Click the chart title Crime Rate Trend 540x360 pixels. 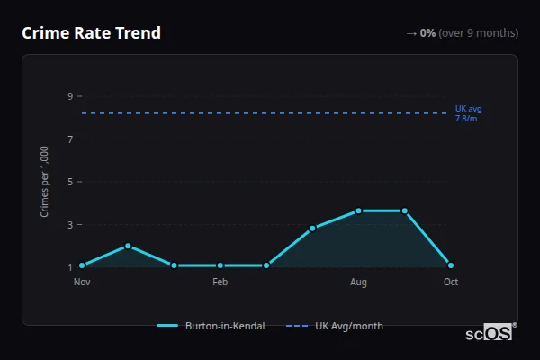tap(91, 33)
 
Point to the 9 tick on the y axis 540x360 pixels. tap(69, 96)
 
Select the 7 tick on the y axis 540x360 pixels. tap(69, 139)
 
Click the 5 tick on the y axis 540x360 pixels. tap(69, 182)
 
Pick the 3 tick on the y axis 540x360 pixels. tap(69, 224)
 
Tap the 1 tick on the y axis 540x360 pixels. tap(69, 266)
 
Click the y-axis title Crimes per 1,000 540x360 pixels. tap(45, 182)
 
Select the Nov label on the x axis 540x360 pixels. tap(82, 283)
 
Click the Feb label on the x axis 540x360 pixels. tap(220, 283)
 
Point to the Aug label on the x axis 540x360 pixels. tap(358, 283)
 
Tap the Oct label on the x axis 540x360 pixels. tap(451, 283)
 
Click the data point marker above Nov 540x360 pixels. tap(82, 265)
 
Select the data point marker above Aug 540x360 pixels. tap(358, 211)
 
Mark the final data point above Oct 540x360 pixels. tap(451, 265)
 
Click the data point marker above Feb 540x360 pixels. tap(220, 265)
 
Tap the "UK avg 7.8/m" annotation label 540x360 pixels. tap(468, 113)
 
